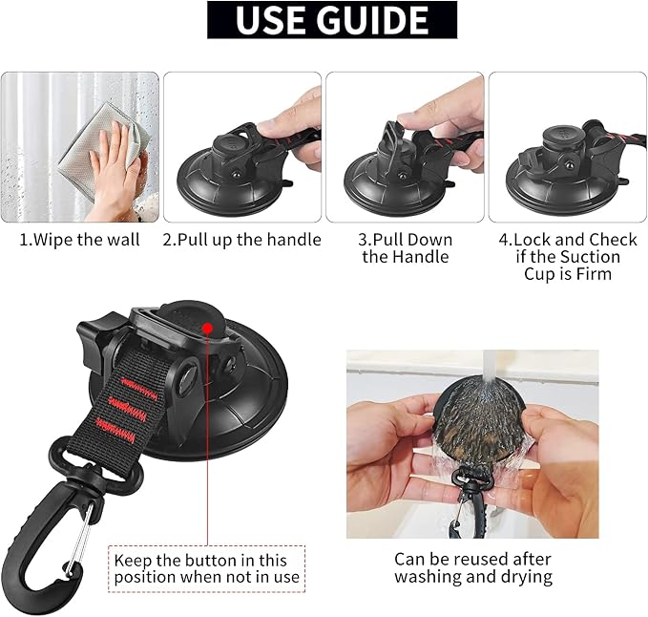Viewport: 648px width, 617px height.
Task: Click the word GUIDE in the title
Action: pos(374,20)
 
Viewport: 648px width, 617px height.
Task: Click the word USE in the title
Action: pos(273,20)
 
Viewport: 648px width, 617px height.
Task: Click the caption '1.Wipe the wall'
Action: pos(80,240)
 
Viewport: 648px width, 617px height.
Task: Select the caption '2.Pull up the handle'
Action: pos(241,240)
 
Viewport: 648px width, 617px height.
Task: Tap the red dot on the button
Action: pos(207,329)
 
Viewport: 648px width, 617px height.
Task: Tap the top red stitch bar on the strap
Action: pos(139,388)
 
